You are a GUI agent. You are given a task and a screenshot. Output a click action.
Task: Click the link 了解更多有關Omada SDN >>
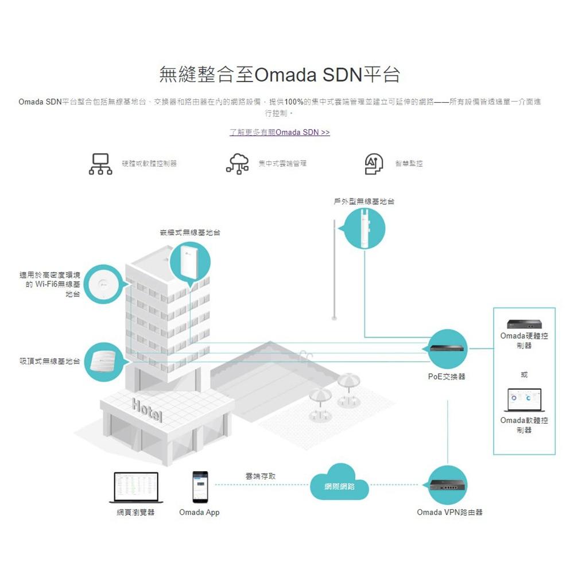[280, 133]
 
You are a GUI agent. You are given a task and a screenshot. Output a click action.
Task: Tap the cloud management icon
[238, 163]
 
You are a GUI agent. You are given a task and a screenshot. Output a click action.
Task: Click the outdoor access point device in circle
[363, 228]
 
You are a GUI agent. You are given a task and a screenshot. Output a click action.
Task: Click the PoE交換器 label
[447, 377]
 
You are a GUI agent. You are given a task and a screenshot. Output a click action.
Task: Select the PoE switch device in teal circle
[448, 348]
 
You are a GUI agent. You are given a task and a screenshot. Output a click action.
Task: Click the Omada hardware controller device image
[523, 325]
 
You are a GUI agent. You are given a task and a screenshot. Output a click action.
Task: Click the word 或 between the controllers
[523, 374]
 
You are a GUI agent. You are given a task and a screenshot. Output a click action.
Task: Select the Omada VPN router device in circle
[448, 486]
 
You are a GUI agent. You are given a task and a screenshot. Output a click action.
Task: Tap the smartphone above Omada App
[200, 487]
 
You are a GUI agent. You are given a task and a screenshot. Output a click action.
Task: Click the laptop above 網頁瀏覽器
[136, 487]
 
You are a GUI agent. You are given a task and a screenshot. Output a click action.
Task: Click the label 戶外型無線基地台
[364, 201]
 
